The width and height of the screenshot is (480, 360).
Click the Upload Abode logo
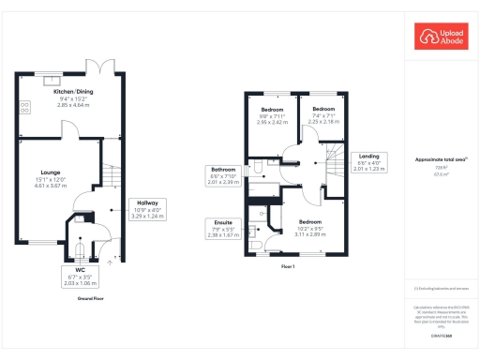tap(440, 37)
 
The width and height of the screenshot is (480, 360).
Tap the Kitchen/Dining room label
tap(72, 92)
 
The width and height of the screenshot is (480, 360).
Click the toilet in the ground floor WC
tap(78, 248)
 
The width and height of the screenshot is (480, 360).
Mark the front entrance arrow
tap(110, 263)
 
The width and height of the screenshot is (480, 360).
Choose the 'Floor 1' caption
tap(288, 268)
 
